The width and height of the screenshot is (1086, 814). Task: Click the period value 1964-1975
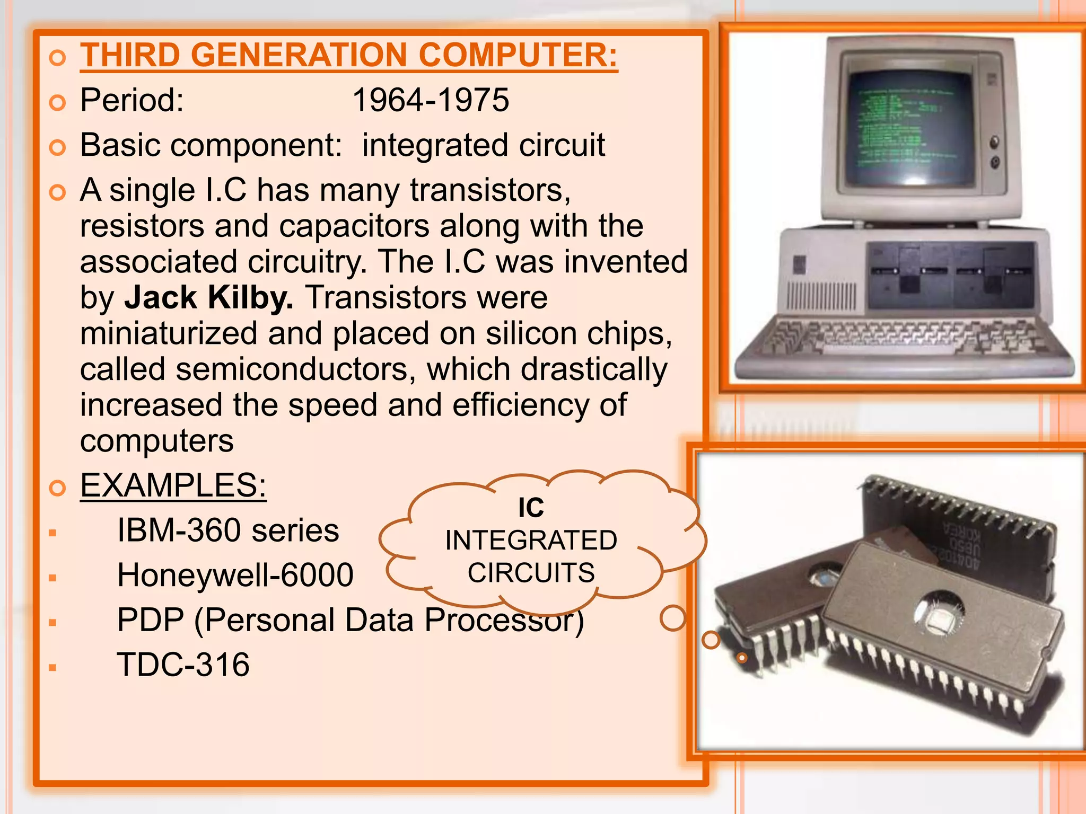point(431,100)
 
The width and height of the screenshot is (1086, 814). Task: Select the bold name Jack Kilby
point(208,297)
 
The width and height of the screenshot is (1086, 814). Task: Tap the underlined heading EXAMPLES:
point(173,485)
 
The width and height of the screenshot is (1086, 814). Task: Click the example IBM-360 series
point(228,530)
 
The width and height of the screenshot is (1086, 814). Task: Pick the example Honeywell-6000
point(235,575)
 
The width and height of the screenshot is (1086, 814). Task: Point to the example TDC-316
point(183,665)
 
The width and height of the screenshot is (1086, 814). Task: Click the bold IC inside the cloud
point(531,507)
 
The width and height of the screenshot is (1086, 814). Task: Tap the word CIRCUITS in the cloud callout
point(531,573)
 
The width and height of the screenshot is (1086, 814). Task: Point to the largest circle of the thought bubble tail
point(673,618)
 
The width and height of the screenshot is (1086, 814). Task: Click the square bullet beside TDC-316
point(52,667)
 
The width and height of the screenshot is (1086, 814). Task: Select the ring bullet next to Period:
point(57,102)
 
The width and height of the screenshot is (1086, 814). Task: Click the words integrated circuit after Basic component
point(483,145)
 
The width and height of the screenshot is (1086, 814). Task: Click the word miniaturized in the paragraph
point(169,333)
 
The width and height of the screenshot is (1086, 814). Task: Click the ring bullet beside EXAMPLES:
point(57,487)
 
